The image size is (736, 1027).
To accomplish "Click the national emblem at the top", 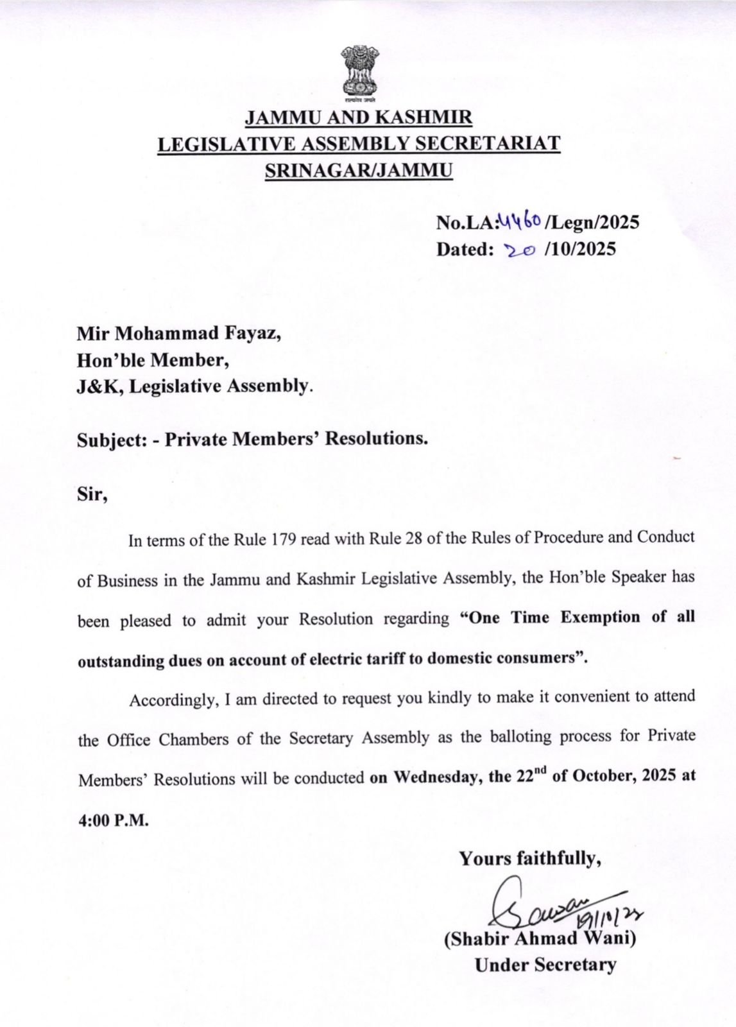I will [x=359, y=74].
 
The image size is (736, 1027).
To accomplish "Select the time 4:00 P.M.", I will [x=112, y=820].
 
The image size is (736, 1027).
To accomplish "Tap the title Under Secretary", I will [x=545, y=965].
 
